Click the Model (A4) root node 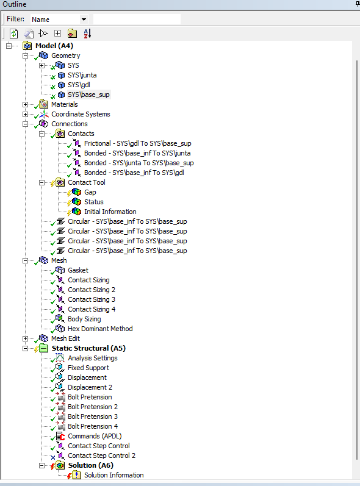(54, 46)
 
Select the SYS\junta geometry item (82, 75)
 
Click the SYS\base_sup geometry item (88, 95)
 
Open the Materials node (65, 104)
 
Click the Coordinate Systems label (81, 114)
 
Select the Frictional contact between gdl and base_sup (138, 143)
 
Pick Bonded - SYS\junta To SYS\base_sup (139, 163)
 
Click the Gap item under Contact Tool (90, 192)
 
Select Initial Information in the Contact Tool (110, 212)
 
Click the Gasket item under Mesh (78, 270)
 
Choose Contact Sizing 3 (92, 299)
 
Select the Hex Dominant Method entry (100, 329)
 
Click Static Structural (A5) (88, 348)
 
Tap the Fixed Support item (88, 368)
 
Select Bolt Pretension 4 (93, 426)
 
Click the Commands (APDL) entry (95, 436)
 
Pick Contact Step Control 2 (102, 456)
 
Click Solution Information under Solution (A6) (114, 475)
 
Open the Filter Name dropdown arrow (84, 20)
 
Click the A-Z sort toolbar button (87, 34)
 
